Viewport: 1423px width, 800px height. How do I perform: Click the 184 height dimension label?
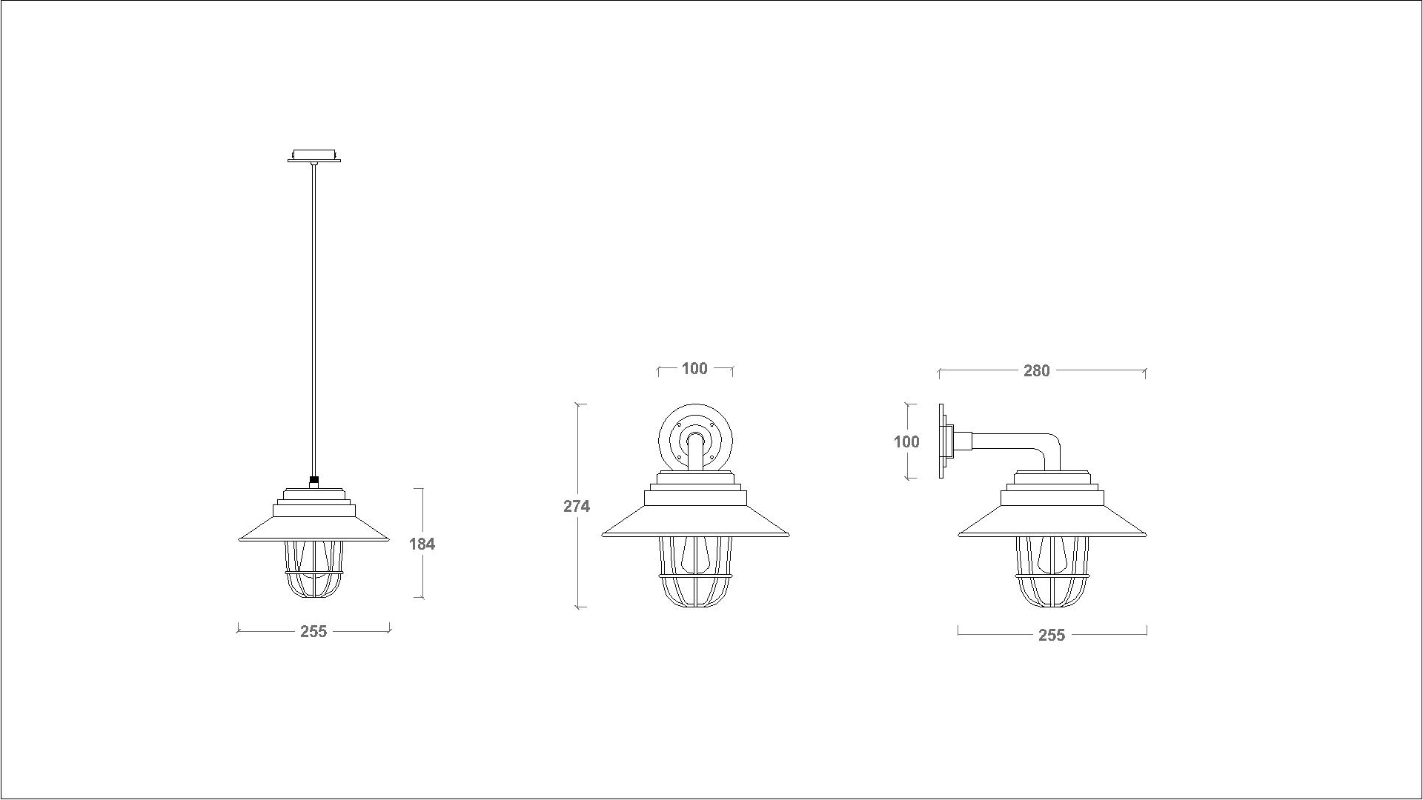coord(422,544)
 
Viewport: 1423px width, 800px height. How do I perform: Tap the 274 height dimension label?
coord(577,506)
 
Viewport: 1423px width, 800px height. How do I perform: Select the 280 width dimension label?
coord(1036,370)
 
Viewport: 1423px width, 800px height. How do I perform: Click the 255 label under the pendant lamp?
coord(314,631)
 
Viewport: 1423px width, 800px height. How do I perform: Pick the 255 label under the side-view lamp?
coord(1052,635)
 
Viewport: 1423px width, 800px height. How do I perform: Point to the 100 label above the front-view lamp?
coord(694,368)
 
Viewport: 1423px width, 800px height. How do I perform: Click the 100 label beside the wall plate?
coord(906,441)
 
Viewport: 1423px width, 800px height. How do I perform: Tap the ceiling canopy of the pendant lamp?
coord(314,156)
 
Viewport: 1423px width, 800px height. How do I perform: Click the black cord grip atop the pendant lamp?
coord(314,480)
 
